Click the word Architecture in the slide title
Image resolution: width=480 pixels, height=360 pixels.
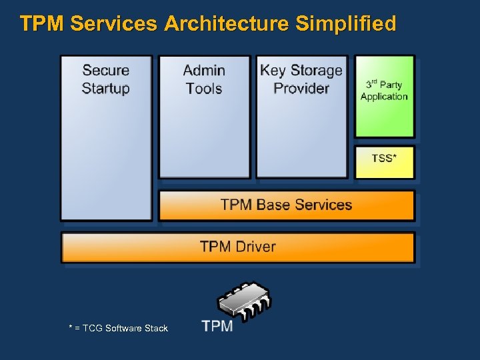point(227,24)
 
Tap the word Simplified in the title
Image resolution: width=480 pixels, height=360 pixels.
point(345,24)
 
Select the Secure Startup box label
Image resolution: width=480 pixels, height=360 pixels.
point(106,79)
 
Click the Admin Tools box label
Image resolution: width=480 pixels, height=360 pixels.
point(204,79)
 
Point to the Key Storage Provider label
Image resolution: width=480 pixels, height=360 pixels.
point(301,79)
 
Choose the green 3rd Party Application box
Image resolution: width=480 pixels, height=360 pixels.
point(384,97)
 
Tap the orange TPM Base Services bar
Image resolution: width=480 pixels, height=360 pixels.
point(286,205)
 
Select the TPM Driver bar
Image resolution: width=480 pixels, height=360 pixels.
point(237,247)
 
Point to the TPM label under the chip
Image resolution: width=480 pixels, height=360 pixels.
point(217,326)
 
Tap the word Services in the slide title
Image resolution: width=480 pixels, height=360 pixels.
point(114,24)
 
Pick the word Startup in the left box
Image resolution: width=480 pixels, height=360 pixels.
point(106,88)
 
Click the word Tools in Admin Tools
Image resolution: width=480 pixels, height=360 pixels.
point(204,88)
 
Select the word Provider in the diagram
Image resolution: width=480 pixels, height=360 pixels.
point(301,88)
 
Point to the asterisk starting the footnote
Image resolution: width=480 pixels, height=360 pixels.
point(71,327)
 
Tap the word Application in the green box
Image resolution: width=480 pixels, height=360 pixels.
point(384,97)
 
